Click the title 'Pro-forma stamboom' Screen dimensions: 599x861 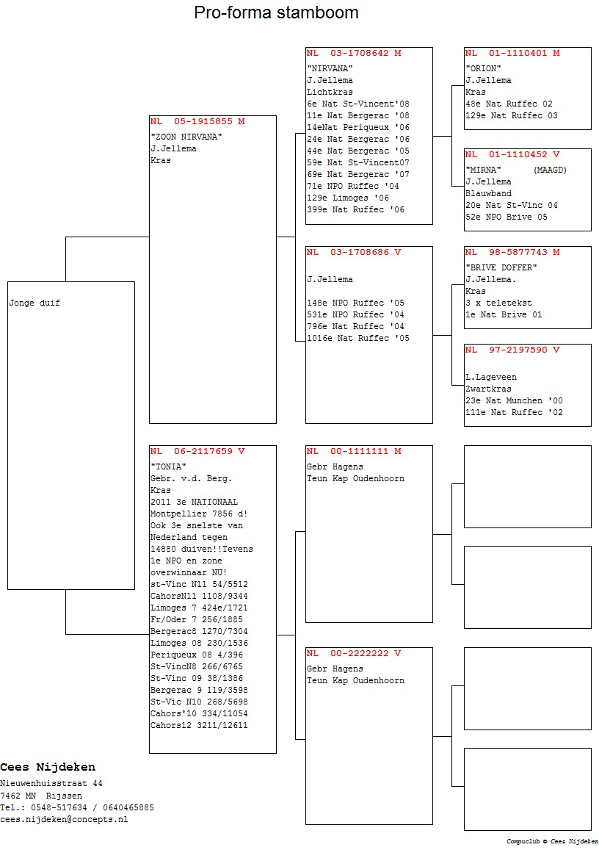pos(276,12)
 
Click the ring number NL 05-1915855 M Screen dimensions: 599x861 pos(197,121)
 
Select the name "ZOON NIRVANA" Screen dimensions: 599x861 pos(186,137)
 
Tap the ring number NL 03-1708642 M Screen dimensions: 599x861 pos(354,54)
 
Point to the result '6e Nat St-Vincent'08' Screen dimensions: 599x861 pos(357,104)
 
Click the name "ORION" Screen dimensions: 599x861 pos(483,68)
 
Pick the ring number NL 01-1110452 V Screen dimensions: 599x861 pos(512,155)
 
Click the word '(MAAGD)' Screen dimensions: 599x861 pos(550,170)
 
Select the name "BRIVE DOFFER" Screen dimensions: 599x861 pos(501,268)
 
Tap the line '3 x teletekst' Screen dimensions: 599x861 pos(498,303)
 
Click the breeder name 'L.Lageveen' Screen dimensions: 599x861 pos(491,377)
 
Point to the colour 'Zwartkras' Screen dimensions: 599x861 pos(488,389)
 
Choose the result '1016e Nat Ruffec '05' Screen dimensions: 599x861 pos(357,338)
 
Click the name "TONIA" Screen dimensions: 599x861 pos(168,466)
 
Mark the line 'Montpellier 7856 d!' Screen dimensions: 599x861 pos(199,514)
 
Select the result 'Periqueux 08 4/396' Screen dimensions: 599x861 pos(197,655)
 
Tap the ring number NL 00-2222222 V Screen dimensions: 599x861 pos(354,653)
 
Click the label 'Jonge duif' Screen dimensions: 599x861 pos(35,303)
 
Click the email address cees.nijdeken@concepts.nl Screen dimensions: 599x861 pos(64,820)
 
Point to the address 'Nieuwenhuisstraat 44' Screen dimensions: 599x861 pos(51,784)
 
